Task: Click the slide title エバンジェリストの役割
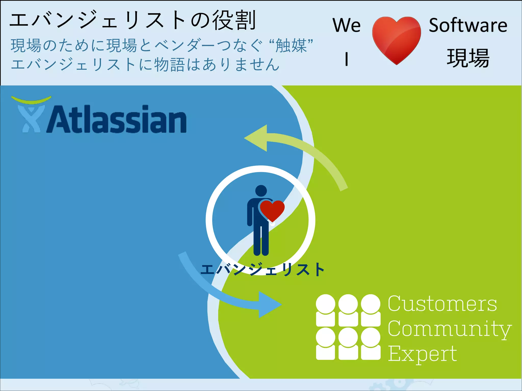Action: (x=133, y=20)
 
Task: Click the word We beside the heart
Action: (x=347, y=25)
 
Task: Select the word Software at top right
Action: (x=468, y=25)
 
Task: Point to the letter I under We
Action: (x=346, y=59)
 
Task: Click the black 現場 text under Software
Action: (x=468, y=59)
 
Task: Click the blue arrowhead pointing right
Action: (x=269, y=304)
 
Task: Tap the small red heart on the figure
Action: (x=272, y=210)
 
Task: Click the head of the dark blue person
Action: (x=261, y=191)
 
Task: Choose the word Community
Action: (x=450, y=329)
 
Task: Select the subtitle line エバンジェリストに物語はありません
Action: (x=145, y=65)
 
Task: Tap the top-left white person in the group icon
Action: (x=325, y=311)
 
